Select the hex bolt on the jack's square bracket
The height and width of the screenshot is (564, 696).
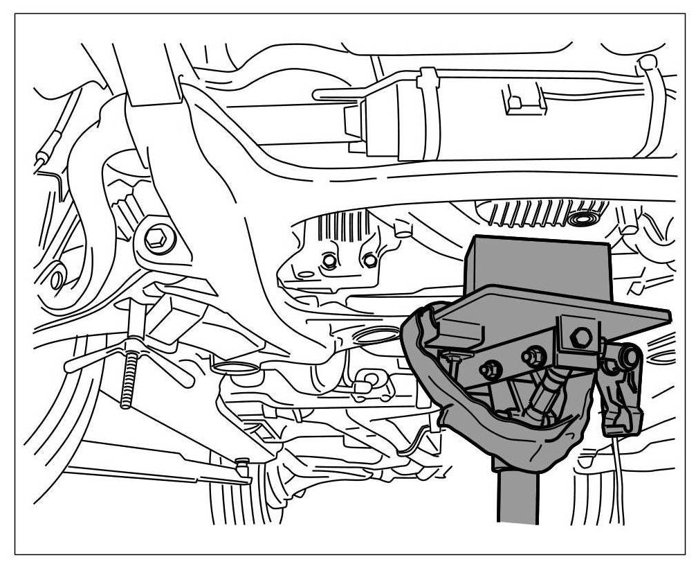[x=582, y=338]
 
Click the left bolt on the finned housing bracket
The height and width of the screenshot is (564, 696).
[x=330, y=262]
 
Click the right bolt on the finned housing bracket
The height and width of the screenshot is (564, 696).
[x=370, y=261]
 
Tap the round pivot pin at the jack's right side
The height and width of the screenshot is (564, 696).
[x=630, y=357]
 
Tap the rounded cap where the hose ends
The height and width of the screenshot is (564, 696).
[x=648, y=62]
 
